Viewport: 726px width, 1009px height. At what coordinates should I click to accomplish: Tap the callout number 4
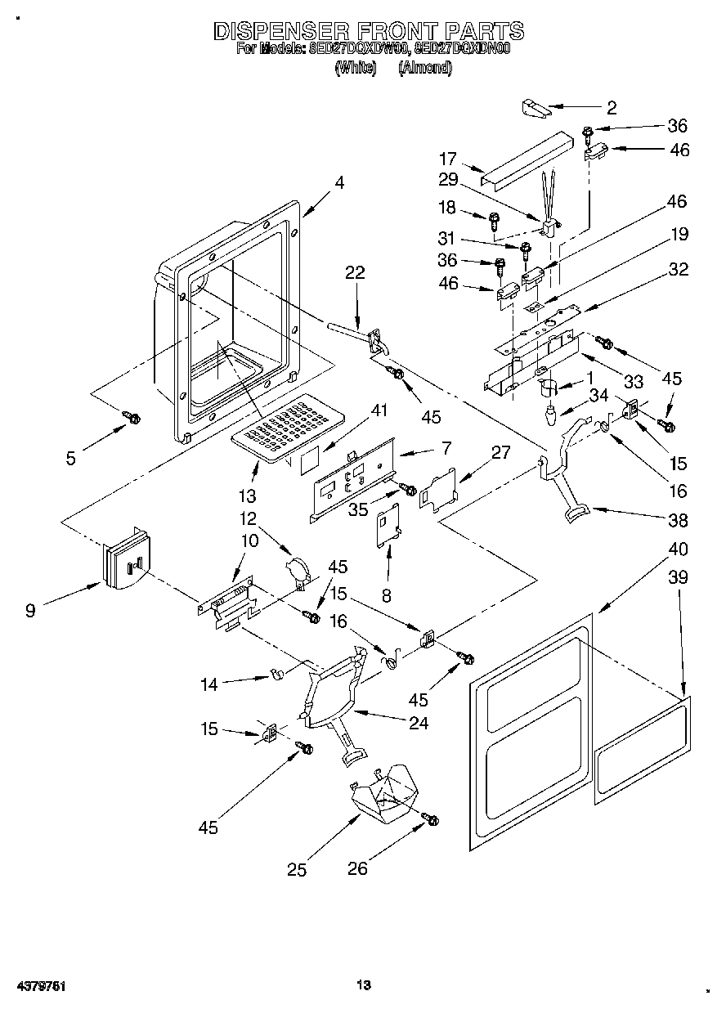coord(338,183)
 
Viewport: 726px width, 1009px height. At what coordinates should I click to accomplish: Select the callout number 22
coord(354,273)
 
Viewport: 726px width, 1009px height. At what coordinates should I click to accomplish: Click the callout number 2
coord(612,107)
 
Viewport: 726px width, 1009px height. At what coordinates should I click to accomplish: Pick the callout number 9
coord(30,610)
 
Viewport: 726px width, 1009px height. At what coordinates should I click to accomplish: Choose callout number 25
coord(297,870)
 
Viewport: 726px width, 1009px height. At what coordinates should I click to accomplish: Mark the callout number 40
coord(678,549)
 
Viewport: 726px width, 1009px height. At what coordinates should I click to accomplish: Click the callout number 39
coord(678,577)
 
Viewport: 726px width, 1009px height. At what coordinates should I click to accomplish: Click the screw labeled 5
coord(130,418)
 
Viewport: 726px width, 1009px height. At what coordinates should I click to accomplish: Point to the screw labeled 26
coord(430,818)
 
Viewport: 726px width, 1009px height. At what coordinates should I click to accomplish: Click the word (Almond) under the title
coord(424,69)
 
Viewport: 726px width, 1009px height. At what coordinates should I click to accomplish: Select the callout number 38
coord(678,520)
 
